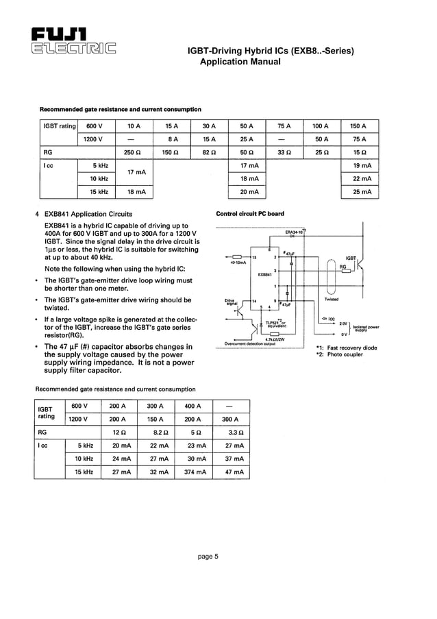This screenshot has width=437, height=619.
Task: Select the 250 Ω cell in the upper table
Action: tap(134, 152)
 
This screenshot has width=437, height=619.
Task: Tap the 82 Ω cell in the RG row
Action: tap(210, 152)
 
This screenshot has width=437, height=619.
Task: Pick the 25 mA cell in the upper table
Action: tap(361, 193)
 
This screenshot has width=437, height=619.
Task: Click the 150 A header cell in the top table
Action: tap(358, 126)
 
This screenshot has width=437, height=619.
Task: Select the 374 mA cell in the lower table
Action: tap(194, 472)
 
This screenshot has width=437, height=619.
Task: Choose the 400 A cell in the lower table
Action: tap(194, 406)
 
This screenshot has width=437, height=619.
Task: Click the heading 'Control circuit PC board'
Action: tap(249, 214)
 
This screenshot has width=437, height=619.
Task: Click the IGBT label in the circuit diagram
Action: tap(351, 258)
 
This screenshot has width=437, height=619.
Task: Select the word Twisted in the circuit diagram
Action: tap(332, 300)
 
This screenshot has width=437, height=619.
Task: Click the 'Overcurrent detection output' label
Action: tap(250, 343)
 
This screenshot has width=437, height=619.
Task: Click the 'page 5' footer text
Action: tap(208, 557)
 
